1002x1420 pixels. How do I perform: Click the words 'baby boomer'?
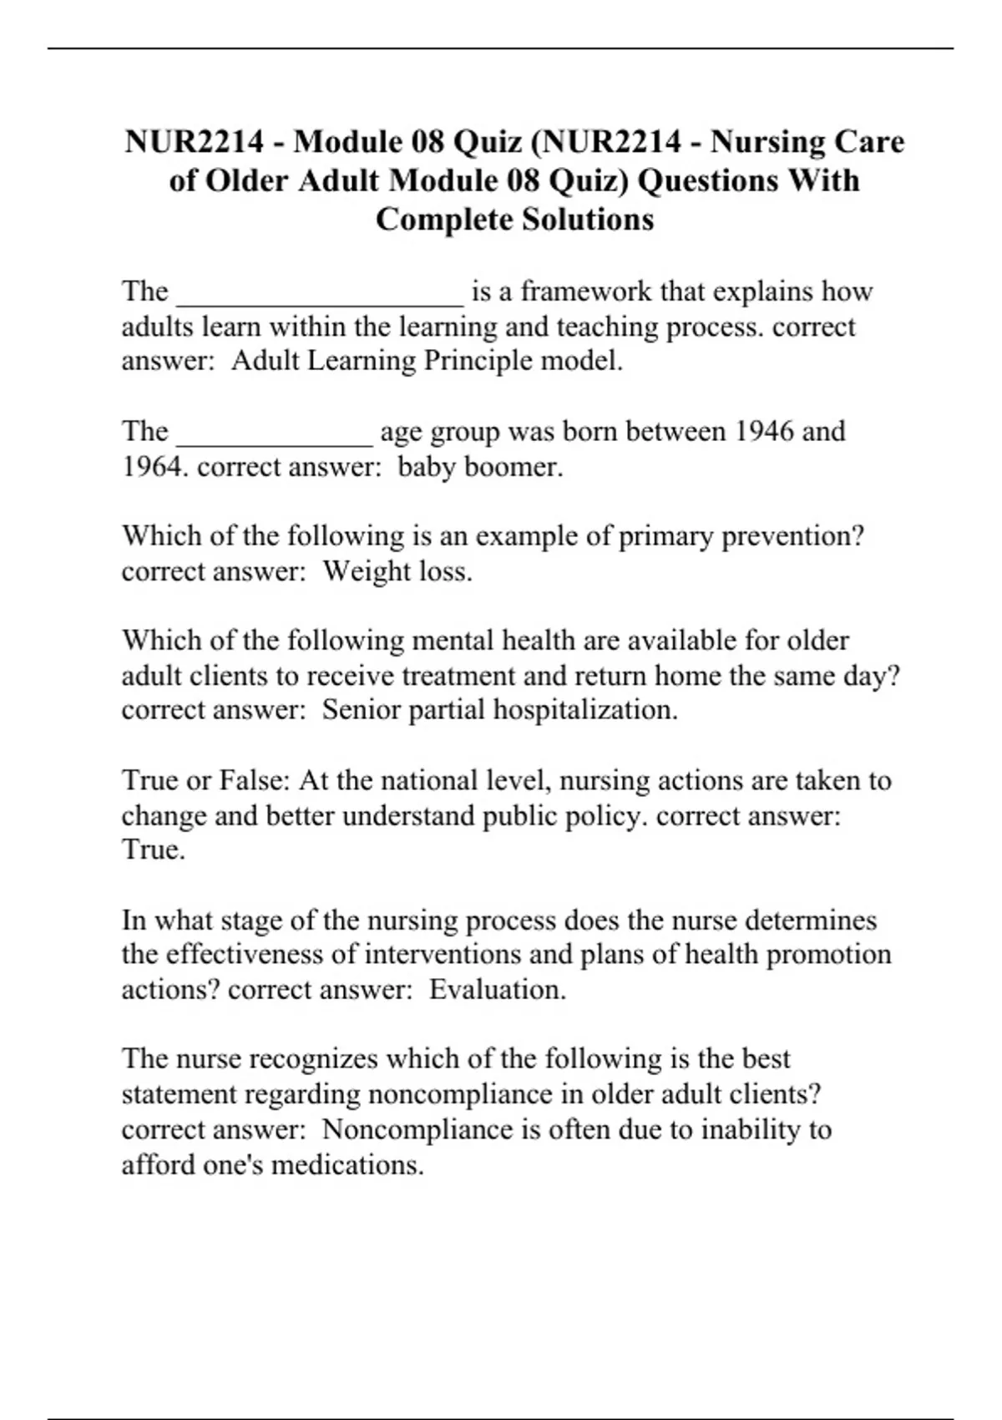[479, 466]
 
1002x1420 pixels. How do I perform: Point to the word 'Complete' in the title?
[443, 220]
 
